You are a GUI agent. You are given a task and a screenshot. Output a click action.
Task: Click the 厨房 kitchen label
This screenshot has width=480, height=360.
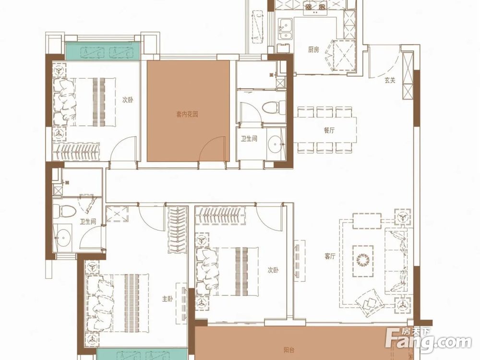[x=313, y=49]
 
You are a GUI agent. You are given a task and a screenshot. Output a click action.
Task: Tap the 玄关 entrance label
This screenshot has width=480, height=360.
[x=390, y=80]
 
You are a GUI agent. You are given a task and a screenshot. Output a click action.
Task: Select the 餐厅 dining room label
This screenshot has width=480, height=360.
[x=329, y=130]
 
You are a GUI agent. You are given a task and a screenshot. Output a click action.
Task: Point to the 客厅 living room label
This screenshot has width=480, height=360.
[x=330, y=256]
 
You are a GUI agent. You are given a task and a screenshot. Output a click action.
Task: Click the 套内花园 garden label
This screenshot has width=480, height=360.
[x=187, y=114]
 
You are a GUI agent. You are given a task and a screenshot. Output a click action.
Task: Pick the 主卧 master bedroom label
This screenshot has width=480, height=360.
[x=168, y=299]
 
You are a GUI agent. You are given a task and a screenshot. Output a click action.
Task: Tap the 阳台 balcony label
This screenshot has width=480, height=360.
[x=289, y=350]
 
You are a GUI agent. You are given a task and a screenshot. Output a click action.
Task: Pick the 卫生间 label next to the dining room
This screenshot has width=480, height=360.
[x=249, y=139]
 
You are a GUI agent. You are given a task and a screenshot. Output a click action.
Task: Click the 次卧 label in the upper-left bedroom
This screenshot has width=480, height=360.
[x=128, y=100]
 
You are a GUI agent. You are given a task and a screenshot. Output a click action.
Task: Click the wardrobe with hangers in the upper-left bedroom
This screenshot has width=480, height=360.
[x=76, y=151]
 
